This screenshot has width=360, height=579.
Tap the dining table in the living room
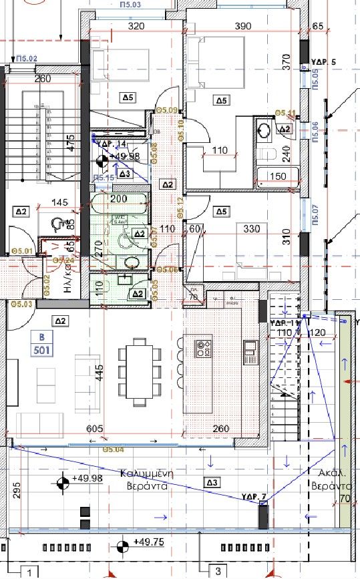[x=140, y=372]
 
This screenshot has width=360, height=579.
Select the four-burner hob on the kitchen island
[x=203, y=348]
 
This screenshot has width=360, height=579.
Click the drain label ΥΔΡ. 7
[x=254, y=496]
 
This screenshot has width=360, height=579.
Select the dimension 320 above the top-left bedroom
[x=136, y=27]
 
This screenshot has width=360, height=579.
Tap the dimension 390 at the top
[x=243, y=26]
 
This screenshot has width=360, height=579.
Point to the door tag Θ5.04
[x=115, y=449]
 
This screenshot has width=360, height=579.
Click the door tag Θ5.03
[x=22, y=304]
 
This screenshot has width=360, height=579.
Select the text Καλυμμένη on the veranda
[x=147, y=473]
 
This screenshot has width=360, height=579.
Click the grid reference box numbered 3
[x=218, y=571]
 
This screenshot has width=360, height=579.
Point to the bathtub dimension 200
[x=118, y=199]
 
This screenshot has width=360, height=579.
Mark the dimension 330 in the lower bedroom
[x=252, y=229]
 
